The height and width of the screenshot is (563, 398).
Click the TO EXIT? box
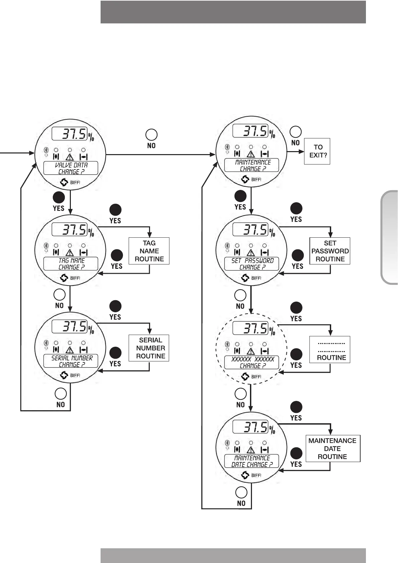click(317, 151)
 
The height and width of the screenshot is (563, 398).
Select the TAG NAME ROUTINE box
click(149, 251)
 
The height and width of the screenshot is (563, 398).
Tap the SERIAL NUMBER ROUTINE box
click(149, 348)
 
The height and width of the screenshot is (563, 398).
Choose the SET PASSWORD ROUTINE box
click(330, 251)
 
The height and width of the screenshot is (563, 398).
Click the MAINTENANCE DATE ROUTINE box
click(333, 449)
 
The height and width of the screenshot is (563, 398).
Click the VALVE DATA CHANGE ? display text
click(71, 168)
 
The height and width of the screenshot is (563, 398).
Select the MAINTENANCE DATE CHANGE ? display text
click(252, 461)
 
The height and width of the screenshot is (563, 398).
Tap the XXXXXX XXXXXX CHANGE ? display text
click(252, 362)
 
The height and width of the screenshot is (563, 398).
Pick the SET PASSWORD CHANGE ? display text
click(252, 264)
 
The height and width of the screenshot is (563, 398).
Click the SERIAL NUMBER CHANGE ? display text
click(71, 361)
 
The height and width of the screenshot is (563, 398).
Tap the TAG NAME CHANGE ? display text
click(71, 264)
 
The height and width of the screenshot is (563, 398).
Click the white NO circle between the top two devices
click(151, 135)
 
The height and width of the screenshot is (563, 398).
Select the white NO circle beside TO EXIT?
click(295, 132)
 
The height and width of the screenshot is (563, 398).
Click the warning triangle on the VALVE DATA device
click(70, 157)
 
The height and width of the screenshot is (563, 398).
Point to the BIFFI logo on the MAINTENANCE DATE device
click(251, 475)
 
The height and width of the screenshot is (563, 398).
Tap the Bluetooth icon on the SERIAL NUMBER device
click(46, 343)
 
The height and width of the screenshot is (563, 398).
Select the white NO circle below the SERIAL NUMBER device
click(60, 393)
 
